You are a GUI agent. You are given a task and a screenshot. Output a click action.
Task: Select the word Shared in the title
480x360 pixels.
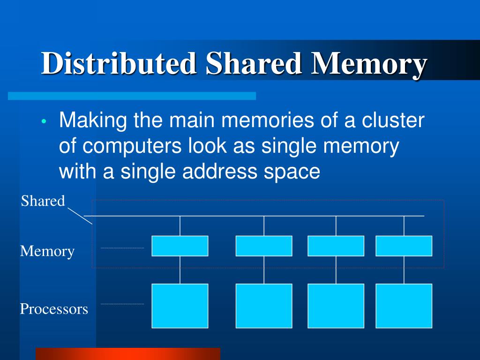tap(254, 64)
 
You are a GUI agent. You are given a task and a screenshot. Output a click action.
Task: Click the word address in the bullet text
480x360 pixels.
tap(218, 172)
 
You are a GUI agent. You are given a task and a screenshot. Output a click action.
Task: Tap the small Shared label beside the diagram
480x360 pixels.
tap(43, 201)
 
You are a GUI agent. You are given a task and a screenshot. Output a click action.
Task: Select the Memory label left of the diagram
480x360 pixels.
tap(47, 251)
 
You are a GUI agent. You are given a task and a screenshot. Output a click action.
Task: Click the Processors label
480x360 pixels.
tap(54, 309)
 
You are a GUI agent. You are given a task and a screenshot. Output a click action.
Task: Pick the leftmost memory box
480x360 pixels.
tap(180, 246)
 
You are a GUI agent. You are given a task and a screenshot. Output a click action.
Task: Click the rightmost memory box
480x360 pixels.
tap(404, 246)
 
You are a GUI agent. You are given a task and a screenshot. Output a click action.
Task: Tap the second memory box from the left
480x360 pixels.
tap(264, 246)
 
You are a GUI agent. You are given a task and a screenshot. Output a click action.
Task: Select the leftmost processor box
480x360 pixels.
tap(180, 306)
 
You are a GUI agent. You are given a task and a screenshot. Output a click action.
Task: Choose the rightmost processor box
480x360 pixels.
tap(404, 306)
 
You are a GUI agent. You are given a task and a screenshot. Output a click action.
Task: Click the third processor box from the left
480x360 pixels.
tap(336, 306)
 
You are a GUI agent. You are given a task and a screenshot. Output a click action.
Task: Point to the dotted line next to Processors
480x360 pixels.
tap(122, 304)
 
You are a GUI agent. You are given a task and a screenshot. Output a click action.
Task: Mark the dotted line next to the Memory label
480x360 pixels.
tap(122, 247)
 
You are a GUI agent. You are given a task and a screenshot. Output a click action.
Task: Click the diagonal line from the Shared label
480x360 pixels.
tap(80, 216)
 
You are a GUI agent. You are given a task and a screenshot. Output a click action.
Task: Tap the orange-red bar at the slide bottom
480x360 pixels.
tap(127, 354)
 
